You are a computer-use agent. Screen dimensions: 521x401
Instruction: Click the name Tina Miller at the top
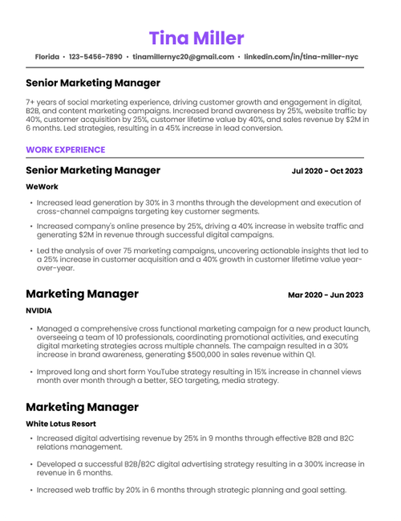[x=196, y=38]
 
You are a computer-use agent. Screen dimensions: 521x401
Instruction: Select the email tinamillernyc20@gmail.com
[x=183, y=58]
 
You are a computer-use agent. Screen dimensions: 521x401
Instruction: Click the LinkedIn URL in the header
[x=301, y=58]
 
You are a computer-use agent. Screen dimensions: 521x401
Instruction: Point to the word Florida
[x=47, y=58]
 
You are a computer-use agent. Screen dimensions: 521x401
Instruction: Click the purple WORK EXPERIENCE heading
[x=65, y=149]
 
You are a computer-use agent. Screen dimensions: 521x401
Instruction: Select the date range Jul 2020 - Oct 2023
[x=327, y=171]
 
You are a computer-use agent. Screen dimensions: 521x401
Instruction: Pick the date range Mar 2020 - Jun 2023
[x=326, y=295]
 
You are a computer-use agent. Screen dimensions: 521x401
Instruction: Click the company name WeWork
[x=43, y=187]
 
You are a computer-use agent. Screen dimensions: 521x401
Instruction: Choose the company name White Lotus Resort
[x=61, y=423]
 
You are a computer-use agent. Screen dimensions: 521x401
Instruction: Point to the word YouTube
[x=168, y=372]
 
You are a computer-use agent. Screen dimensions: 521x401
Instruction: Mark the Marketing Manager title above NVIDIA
[x=82, y=294]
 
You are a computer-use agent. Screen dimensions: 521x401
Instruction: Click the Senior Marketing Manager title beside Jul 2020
[x=93, y=170]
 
